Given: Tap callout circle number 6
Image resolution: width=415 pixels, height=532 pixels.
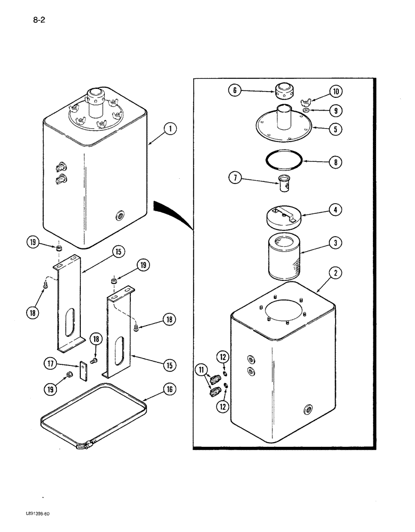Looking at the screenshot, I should coord(235,90).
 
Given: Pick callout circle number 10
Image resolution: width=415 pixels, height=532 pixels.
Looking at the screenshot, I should coord(336,91).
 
